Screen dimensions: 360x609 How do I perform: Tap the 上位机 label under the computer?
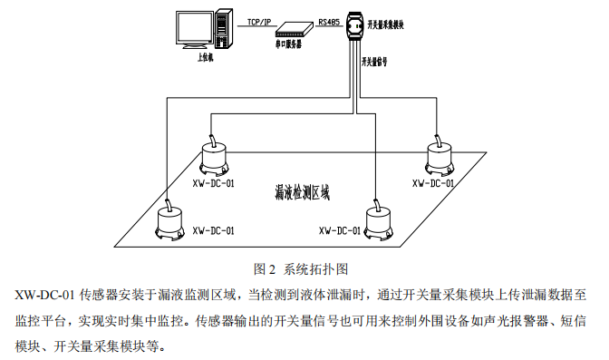(206, 57)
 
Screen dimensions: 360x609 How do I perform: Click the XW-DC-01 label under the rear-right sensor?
(434, 182)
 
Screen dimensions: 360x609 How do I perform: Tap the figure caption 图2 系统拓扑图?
(303, 268)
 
